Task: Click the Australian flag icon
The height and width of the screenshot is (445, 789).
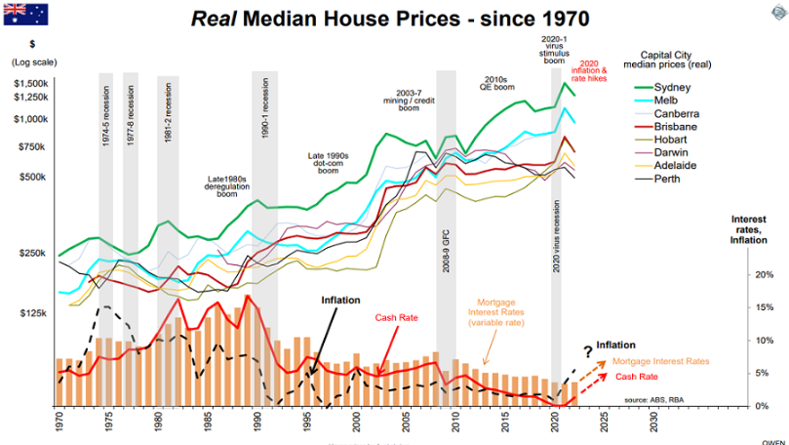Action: click(23, 13)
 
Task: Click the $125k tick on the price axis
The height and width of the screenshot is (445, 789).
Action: click(35, 313)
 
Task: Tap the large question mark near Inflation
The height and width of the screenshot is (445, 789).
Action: click(587, 351)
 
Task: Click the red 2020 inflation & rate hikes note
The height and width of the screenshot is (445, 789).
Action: click(589, 74)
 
